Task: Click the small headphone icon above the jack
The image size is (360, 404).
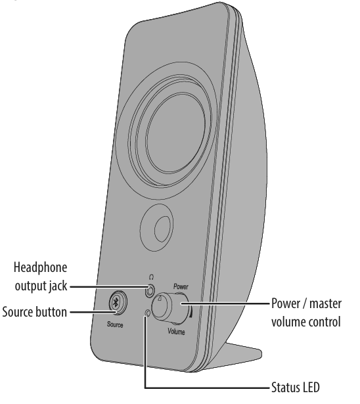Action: pyautogui.click(x=151, y=276)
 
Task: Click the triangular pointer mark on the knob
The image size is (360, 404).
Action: pyautogui.click(x=160, y=299)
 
